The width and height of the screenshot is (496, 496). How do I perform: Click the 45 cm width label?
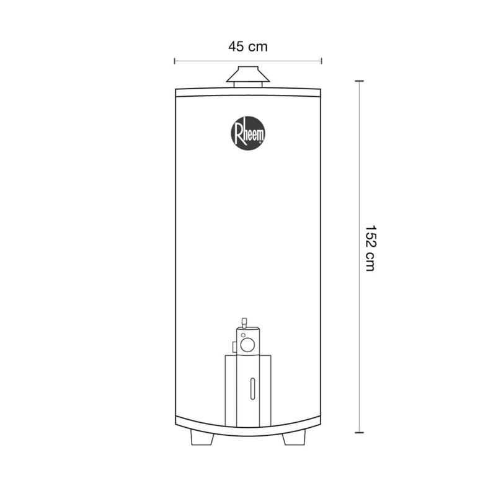[x=247, y=47]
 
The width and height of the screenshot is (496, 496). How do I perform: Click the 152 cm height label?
[x=370, y=248]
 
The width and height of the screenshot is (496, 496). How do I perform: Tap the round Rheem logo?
[x=248, y=133]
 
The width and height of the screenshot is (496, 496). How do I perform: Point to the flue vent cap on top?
[x=248, y=74]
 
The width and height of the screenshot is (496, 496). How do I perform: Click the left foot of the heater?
[x=202, y=438]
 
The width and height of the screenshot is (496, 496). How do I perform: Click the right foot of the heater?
[x=294, y=438]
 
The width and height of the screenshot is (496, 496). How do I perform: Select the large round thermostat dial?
[x=247, y=345]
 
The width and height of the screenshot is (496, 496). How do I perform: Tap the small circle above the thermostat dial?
[x=243, y=335]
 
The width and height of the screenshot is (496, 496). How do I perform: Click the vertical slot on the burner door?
[x=252, y=389]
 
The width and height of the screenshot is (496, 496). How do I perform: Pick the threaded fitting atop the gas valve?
[x=244, y=323]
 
